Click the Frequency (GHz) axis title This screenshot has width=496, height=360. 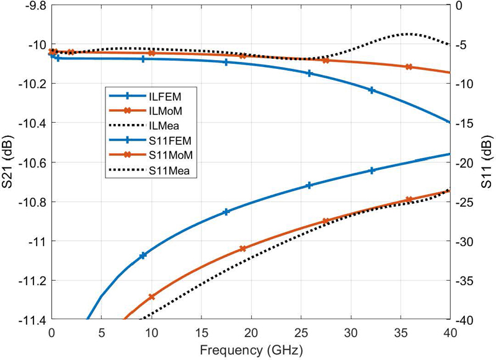pos(250,350)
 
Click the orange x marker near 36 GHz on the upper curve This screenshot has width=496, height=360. pos(409,67)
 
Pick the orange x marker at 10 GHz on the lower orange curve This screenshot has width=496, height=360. pos(151,297)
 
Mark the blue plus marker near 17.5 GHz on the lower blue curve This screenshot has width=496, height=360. pos(226,212)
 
